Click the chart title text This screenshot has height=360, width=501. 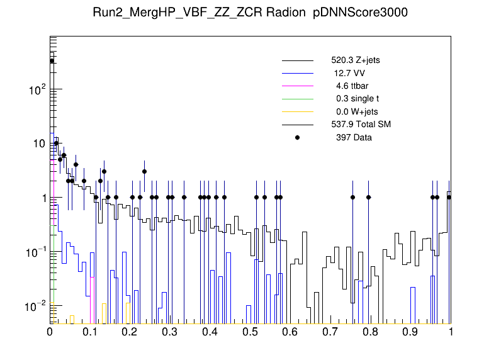click(x=250, y=14)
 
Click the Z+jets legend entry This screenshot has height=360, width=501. click(x=355, y=60)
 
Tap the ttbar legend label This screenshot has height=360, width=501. click(x=356, y=86)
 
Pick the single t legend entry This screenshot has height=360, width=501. click(x=357, y=98)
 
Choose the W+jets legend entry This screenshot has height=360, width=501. click(x=357, y=111)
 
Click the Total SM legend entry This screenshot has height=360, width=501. click(x=361, y=124)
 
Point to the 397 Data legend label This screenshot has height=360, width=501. click(x=354, y=137)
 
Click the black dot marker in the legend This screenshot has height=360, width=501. click(x=298, y=137)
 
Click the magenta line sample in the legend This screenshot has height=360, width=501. click(x=298, y=86)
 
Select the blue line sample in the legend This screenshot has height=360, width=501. click(x=298, y=73)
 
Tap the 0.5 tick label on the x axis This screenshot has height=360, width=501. click(x=250, y=331)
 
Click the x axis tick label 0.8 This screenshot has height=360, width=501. click(x=371, y=331)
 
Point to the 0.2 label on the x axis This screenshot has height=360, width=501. click(x=130, y=331)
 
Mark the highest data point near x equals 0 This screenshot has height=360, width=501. click(x=52, y=61)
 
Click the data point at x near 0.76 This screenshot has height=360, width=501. click(x=353, y=197)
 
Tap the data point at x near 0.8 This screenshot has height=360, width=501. click(x=369, y=197)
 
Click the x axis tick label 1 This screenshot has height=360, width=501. click(x=451, y=331)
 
